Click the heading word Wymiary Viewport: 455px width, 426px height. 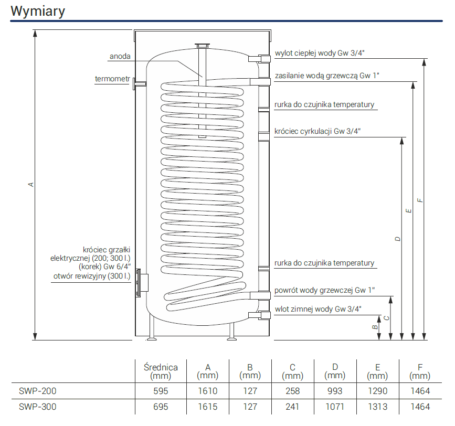(x=38, y=12)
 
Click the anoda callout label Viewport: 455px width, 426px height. (x=120, y=56)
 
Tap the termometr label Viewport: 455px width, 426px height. (x=112, y=79)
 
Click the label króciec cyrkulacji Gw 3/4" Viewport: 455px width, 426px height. (x=318, y=131)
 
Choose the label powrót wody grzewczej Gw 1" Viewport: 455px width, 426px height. (x=325, y=290)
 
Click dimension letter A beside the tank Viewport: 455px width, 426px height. (x=31, y=185)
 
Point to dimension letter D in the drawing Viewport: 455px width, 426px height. (x=398, y=239)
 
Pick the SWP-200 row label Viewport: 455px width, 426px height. (x=37, y=391)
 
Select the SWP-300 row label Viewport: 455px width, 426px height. (x=37, y=407)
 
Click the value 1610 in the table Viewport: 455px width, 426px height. (x=207, y=391)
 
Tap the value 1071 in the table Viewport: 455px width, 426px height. (x=335, y=407)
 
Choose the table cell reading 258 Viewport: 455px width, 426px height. (x=292, y=391)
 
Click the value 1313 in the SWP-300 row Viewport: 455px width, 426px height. (x=377, y=407)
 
